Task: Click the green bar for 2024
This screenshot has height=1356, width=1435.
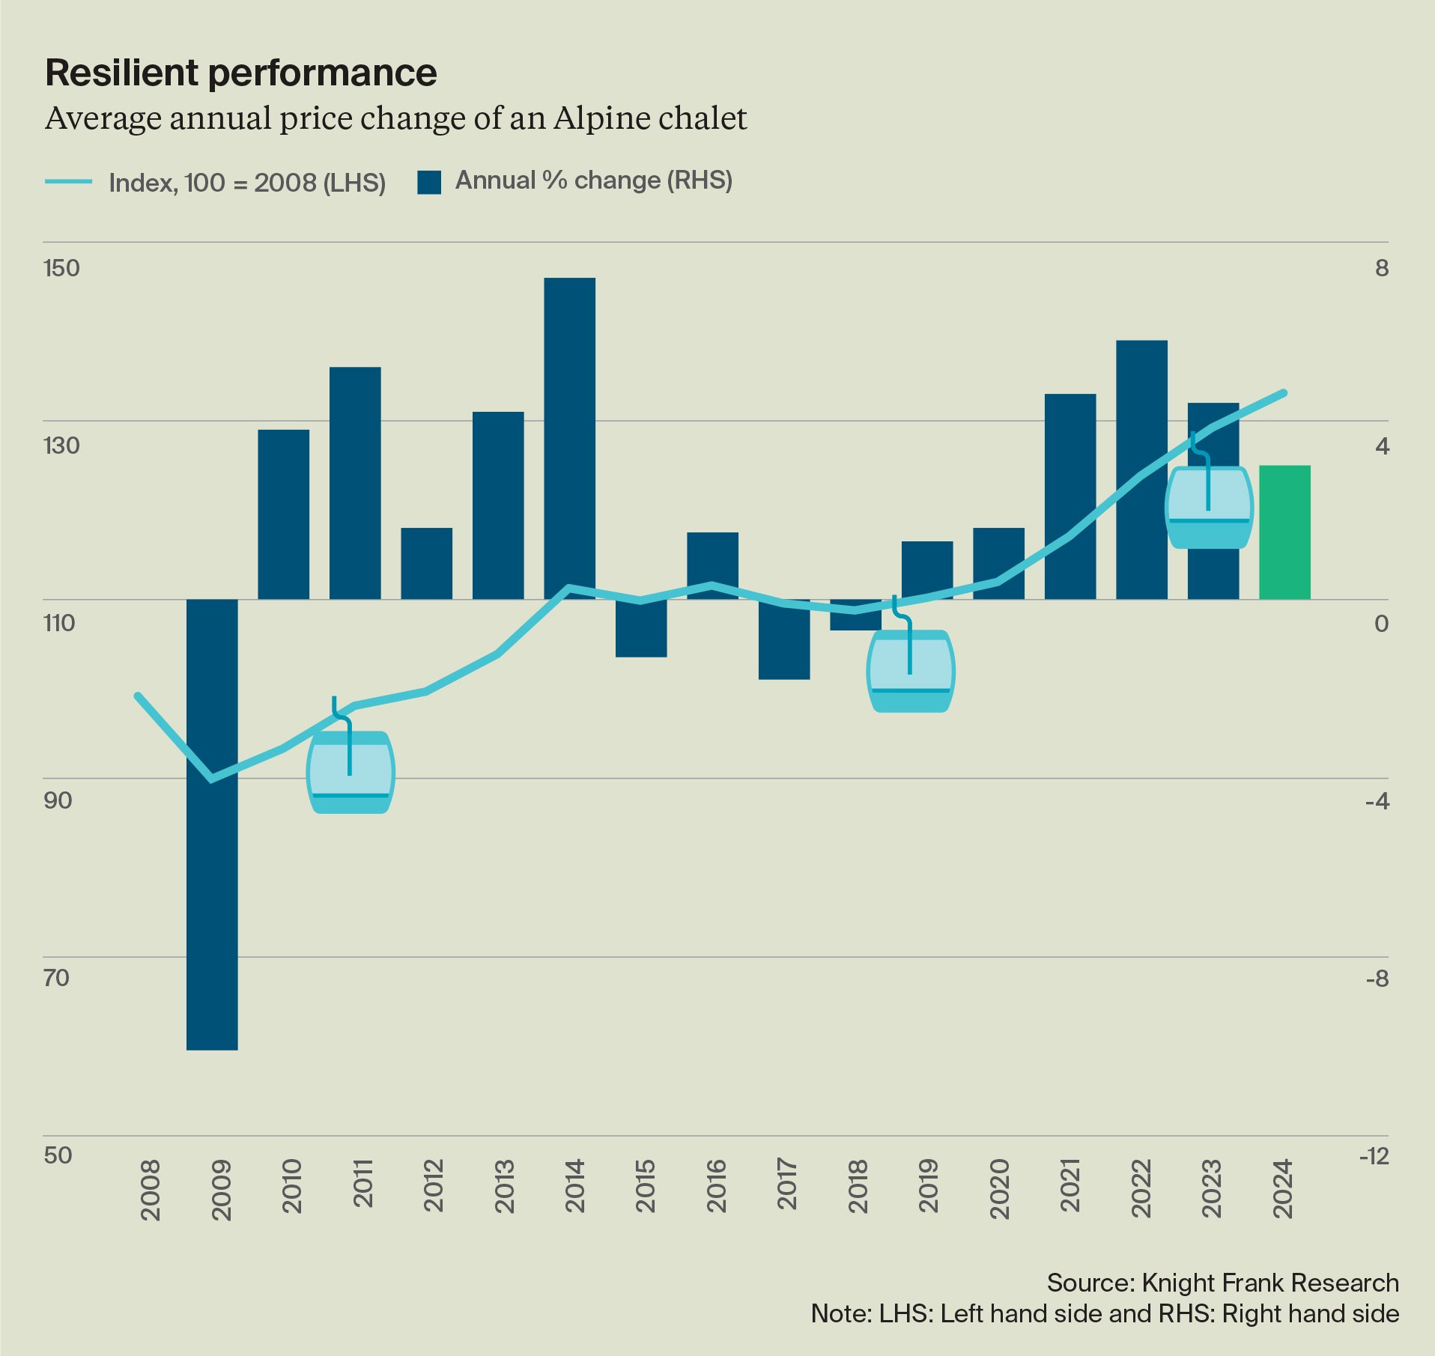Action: [x=1284, y=532]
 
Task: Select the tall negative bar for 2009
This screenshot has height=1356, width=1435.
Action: [x=212, y=824]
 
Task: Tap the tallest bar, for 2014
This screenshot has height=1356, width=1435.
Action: [x=569, y=438]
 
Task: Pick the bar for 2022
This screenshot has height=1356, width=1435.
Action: [x=1141, y=469]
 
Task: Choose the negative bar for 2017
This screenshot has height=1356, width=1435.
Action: [x=784, y=639]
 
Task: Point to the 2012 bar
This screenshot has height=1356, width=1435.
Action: [x=426, y=563]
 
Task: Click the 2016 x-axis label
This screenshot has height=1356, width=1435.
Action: [x=716, y=1185]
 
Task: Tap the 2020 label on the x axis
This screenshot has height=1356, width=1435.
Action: [x=999, y=1188]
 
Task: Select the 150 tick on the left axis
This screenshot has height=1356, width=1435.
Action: [x=61, y=268]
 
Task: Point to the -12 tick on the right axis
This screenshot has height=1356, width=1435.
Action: [x=1374, y=1156]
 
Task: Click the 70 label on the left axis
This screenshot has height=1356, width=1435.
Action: [x=57, y=978]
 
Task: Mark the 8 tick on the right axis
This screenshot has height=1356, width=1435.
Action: [x=1382, y=268]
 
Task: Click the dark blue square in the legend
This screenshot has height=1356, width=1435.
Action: [x=429, y=182]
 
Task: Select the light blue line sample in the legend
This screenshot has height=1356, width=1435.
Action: [x=69, y=182]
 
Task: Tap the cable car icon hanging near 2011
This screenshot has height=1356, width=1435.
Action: [x=351, y=771]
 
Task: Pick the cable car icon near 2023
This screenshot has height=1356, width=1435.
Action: [x=1209, y=507]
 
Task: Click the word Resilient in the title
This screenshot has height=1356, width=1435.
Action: [x=122, y=73]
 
